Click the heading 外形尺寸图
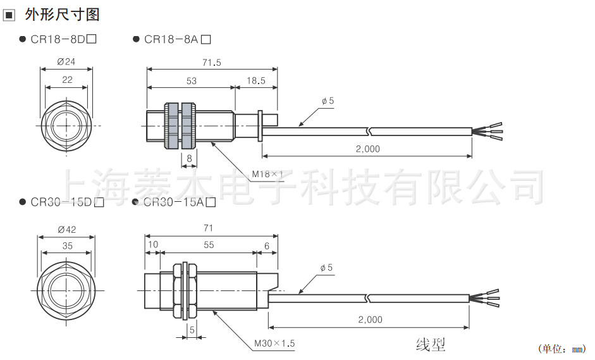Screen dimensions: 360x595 62,14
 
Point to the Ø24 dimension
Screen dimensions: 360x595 66,62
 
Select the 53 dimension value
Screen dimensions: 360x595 191,81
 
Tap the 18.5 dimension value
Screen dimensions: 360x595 256,81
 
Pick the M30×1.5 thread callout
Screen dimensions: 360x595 274,344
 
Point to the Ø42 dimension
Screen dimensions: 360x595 66,229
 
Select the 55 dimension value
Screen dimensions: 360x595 208,245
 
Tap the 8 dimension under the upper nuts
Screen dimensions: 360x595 188,158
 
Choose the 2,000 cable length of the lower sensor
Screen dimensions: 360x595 370,320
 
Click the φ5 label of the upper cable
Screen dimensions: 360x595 328,101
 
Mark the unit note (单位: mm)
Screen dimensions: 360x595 561,349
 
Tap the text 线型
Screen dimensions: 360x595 431,345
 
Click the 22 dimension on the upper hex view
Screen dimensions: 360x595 66,80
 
